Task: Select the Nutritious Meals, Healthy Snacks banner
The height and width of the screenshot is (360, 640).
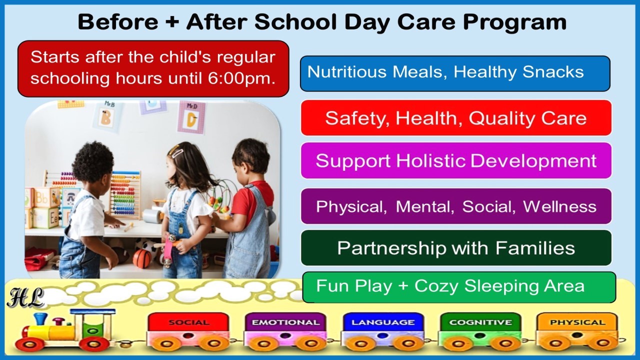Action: click(x=455, y=73)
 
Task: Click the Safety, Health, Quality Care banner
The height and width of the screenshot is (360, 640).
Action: click(x=456, y=117)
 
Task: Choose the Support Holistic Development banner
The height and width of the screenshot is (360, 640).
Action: click(x=456, y=160)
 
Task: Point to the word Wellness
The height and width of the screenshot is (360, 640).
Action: click(x=559, y=206)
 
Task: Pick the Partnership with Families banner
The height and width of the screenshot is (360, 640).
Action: click(x=456, y=247)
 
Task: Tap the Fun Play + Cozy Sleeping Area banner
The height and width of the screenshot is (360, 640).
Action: click(x=459, y=287)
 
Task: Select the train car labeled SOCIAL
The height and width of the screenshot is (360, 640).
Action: click(x=188, y=331)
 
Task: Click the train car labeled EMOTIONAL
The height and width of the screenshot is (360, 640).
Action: click(x=285, y=331)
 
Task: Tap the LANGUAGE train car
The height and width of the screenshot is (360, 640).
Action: click(x=383, y=331)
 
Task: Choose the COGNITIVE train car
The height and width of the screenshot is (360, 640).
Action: click(x=480, y=331)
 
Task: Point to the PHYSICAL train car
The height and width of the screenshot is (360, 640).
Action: click(x=577, y=331)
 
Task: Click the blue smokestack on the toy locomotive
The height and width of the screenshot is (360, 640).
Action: click(x=40, y=319)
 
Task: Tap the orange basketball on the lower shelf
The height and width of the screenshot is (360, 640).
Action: click(x=142, y=258)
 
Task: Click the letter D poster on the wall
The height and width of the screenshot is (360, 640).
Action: click(x=191, y=117)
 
